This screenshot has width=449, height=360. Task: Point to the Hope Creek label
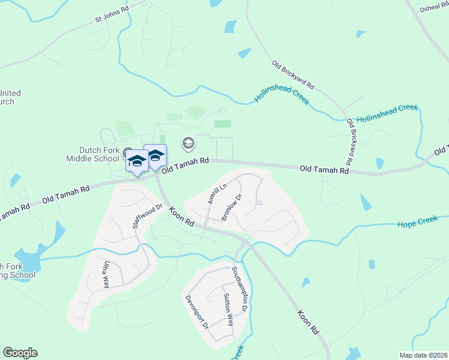click(418, 223)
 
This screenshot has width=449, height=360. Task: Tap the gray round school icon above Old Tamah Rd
click(188, 143)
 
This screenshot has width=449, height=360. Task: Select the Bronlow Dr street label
click(231, 207)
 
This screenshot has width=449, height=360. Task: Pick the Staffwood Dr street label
click(148, 217)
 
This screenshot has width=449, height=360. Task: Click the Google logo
click(20, 353)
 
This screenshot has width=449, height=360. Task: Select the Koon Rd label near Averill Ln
click(181, 217)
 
